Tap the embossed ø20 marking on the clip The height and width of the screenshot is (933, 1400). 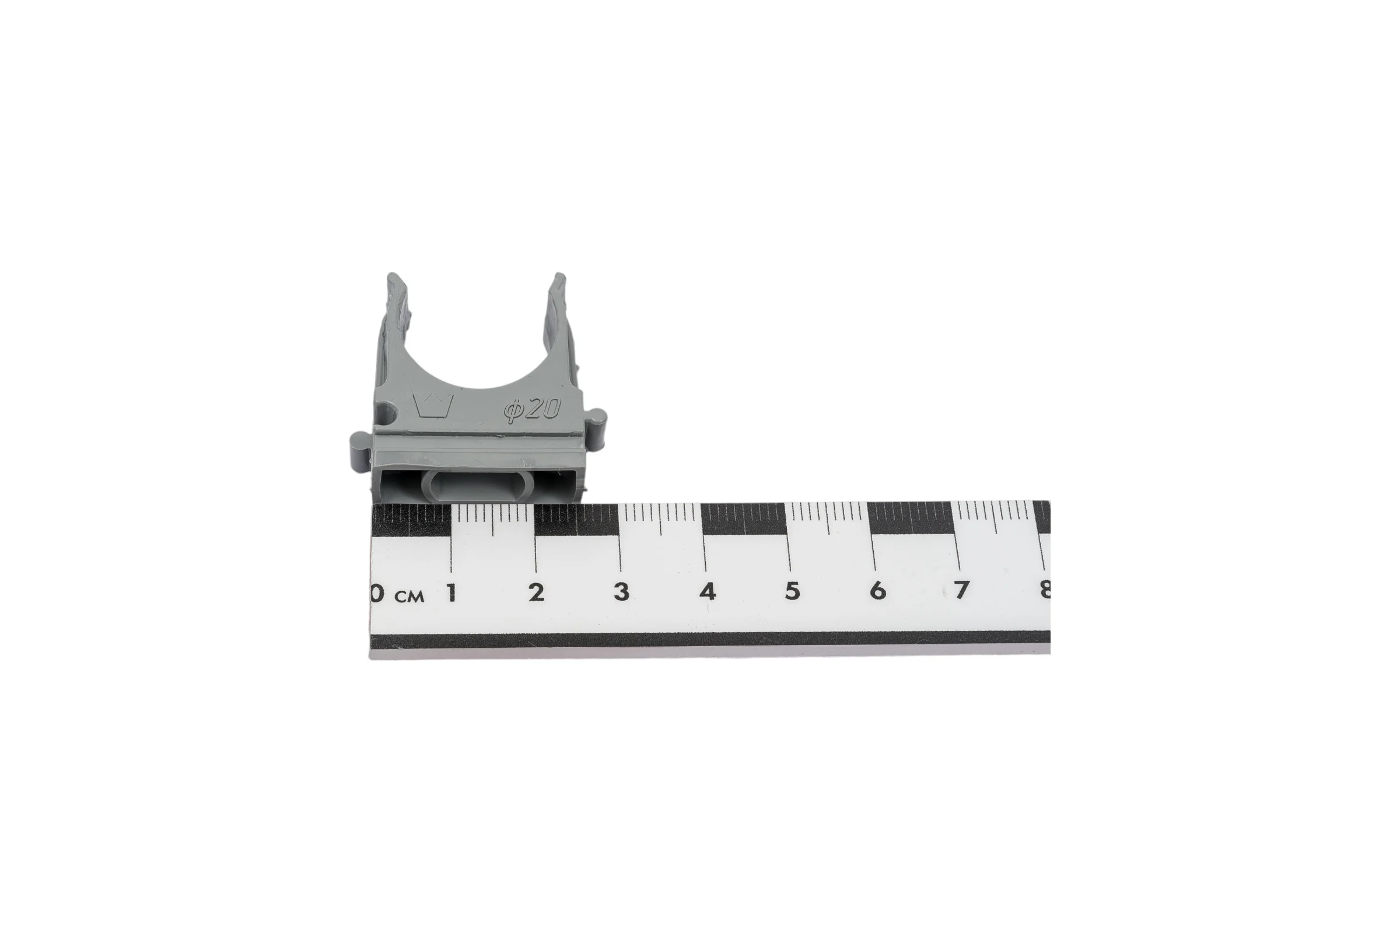pos(533,410)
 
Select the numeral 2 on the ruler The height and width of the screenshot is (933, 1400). pos(536,592)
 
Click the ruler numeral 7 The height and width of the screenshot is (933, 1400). pos(962,590)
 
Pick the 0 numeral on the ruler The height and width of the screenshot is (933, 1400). pos(376,593)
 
